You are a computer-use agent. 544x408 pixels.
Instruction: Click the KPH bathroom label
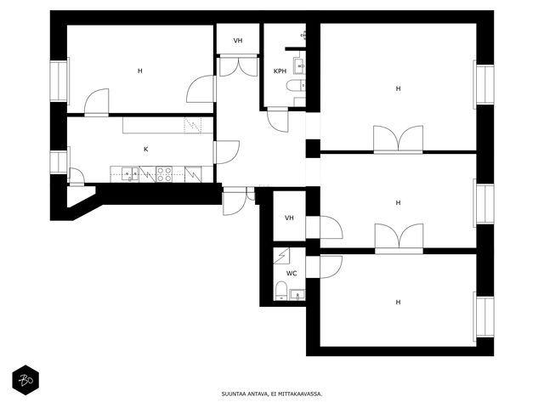(280, 71)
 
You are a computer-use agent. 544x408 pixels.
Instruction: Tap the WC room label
(292, 274)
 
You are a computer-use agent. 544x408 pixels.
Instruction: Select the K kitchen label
(145, 150)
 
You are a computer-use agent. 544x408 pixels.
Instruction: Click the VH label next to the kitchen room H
(238, 41)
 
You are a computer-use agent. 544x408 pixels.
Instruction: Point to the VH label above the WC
(289, 218)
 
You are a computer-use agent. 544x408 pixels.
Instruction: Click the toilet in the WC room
(281, 291)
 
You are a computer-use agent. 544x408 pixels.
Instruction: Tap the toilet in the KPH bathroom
(296, 85)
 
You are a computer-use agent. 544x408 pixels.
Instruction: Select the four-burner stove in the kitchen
(164, 174)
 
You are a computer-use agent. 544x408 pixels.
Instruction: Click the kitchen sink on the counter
(130, 174)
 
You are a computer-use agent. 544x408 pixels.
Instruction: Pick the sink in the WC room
(297, 294)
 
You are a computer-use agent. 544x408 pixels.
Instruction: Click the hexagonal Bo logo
(25, 380)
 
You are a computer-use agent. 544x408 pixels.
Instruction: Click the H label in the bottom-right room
(398, 303)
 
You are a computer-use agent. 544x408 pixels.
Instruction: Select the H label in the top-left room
(139, 71)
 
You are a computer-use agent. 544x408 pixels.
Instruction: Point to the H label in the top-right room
(398, 88)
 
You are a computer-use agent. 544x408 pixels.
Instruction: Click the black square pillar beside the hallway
(313, 149)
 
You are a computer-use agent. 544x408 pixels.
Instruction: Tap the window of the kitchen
(59, 162)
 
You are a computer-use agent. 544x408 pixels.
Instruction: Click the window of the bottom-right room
(484, 317)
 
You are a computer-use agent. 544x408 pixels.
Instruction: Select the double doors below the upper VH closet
(238, 65)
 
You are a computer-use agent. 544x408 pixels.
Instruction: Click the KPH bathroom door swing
(278, 120)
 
